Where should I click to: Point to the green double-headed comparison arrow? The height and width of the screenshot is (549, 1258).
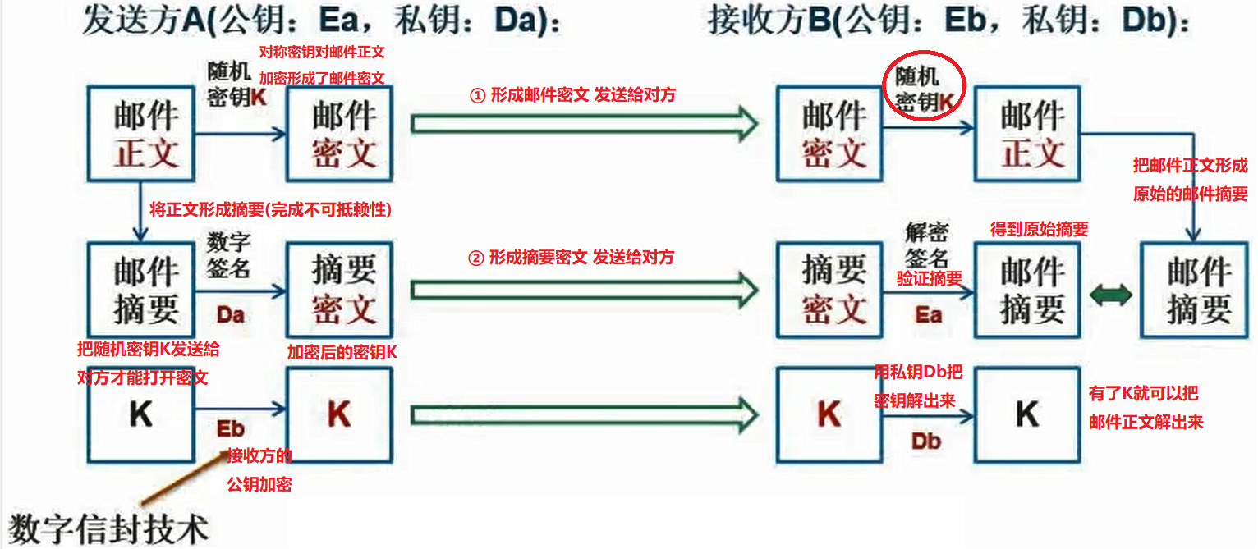click(x=1110, y=295)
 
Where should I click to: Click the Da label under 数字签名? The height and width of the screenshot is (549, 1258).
click(x=231, y=315)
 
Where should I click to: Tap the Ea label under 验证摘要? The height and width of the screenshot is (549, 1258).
click(x=929, y=315)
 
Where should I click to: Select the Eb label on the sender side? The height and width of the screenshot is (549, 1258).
click(x=231, y=429)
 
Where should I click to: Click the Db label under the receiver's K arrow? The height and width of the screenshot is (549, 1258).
click(x=925, y=441)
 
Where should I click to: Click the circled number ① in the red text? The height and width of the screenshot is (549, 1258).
click(x=478, y=95)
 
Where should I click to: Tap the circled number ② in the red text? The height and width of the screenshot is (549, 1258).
click(x=476, y=258)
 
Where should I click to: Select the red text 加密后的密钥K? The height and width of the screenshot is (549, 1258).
click(x=342, y=352)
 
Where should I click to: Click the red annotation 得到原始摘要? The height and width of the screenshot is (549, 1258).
click(x=1039, y=230)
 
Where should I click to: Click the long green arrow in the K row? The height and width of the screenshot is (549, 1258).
click(x=583, y=415)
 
